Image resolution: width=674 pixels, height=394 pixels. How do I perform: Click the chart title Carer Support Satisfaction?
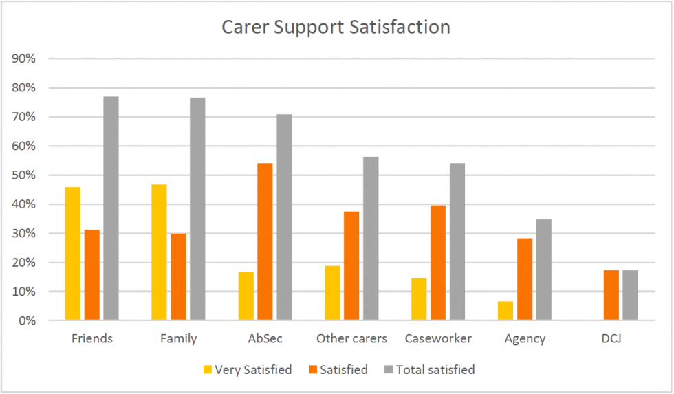point(336,28)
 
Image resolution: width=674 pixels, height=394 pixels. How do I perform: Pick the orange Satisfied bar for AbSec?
point(265,241)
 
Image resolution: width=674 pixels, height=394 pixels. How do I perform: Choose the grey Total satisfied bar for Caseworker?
point(457,241)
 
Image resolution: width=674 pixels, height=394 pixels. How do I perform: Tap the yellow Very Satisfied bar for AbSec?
point(246,296)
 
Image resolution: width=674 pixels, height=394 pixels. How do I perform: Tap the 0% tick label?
point(27,321)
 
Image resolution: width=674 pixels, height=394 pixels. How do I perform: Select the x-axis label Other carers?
point(351,339)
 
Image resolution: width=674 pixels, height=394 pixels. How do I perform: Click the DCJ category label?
point(611,339)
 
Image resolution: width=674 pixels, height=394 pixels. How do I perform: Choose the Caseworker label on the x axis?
point(438,339)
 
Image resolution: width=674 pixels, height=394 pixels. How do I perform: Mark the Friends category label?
point(91,339)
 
